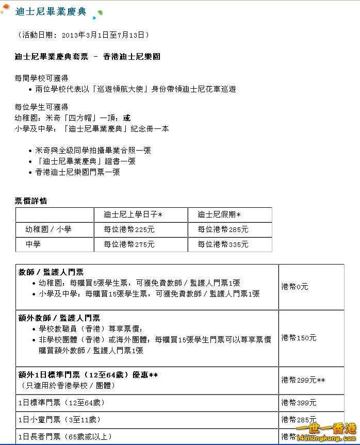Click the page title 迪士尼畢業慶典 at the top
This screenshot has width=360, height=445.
pyautogui.click(x=51, y=12)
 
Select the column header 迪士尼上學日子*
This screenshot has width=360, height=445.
pyautogui.click(x=133, y=215)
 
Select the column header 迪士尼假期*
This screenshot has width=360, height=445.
pyautogui.click(x=219, y=215)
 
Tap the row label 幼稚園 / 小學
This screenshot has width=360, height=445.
pyautogui.click(x=48, y=229)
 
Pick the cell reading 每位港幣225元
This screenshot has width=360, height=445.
pyautogui.click(x=129, y=229)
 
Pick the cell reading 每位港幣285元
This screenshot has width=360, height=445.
pyautogui.click(x=223, y=229)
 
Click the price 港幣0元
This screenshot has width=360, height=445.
pyautogui.click(x=294, y=287)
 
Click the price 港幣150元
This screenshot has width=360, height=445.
pyautogui.click(x=299, y=338)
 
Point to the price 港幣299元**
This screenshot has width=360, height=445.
pyautogui.click(x=303, y=380)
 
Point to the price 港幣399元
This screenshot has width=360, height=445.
pyautogui.click(x=299, y=403)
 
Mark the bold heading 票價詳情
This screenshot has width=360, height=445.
pyautogui.click(x=31, y=201)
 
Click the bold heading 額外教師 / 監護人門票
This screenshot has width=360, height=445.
pyautogui.click(x=59, y=318)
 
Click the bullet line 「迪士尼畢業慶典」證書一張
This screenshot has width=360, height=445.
pyautogui.click(x=85, y=161)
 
